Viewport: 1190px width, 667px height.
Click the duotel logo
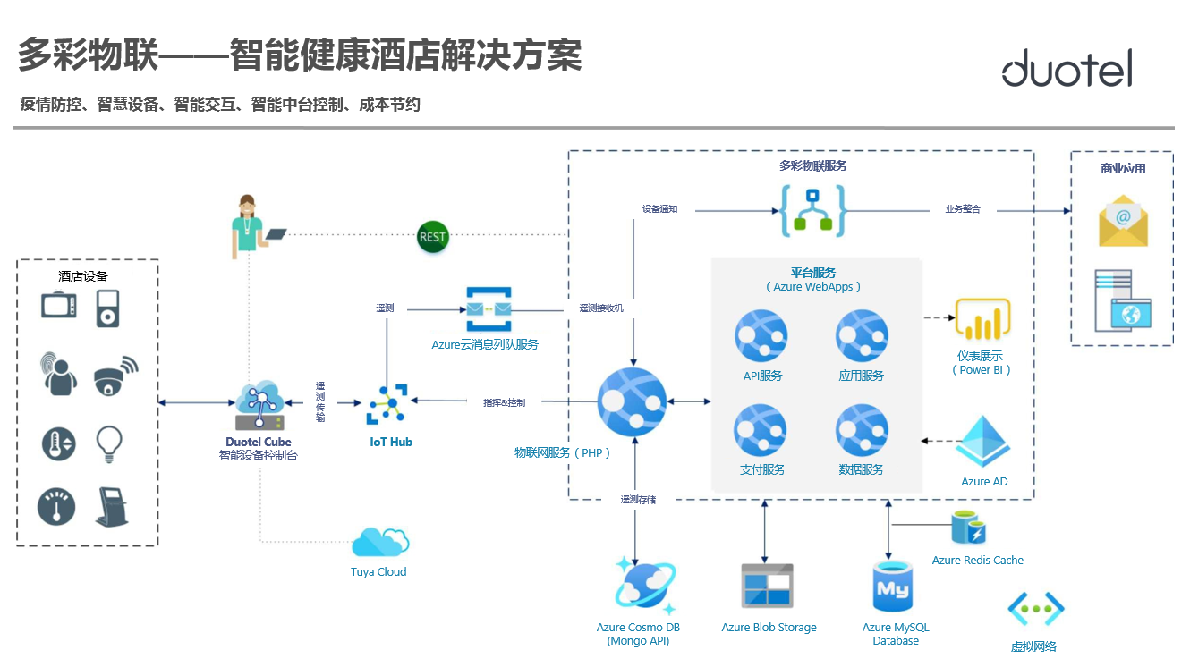coord(1067,68)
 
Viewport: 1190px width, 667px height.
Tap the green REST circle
coord(433,237)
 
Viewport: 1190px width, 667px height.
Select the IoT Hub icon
coord(387,404)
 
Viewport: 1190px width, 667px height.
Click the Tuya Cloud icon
coord(380,543)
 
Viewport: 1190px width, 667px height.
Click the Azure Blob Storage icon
coord(768,587)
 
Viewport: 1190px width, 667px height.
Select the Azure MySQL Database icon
coord(893,587)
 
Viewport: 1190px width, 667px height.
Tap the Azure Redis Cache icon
coord(968,528)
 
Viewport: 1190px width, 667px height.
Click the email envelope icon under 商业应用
coord(1124,221)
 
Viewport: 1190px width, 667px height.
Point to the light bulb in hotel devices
coord(109,443)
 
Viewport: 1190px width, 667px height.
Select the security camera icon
coord(115,376)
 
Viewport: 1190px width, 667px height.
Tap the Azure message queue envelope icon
coord(489,309)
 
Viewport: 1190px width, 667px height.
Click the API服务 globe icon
coord(761,337)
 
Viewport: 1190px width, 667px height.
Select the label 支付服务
coord(762,469)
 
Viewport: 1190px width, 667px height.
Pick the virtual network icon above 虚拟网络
coord(1035,609)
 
